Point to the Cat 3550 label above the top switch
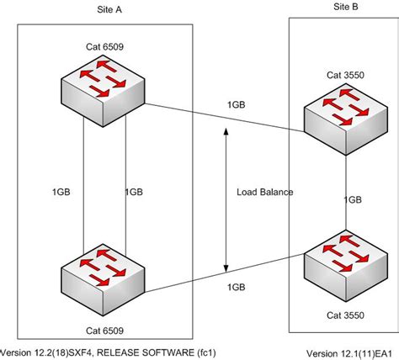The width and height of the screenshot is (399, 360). [346, 75]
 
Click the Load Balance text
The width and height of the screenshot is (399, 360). [265, 193]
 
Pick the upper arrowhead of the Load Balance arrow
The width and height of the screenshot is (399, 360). [226, 132]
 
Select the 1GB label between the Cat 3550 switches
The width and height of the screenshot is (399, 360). [354, 200]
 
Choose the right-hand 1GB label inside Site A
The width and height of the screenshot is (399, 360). [134, 192]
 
